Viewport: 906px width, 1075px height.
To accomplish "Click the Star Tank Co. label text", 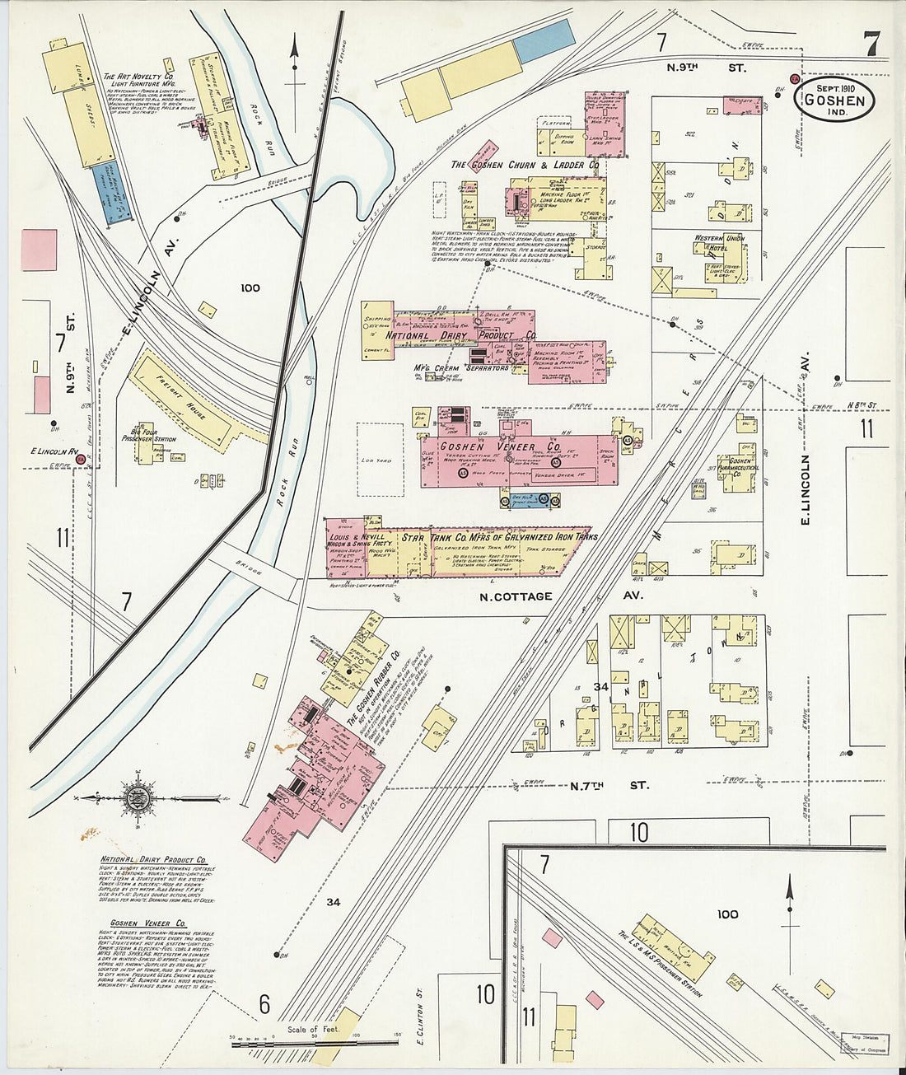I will (x=499, y=538).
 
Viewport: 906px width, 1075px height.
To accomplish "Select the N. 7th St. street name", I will (x=609, y=786).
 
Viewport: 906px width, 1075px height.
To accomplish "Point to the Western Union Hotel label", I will (x=719, y=244).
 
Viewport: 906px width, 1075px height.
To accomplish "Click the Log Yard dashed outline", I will (x=379, y=460).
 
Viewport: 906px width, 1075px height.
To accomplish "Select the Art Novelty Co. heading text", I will (x=138, y=77).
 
